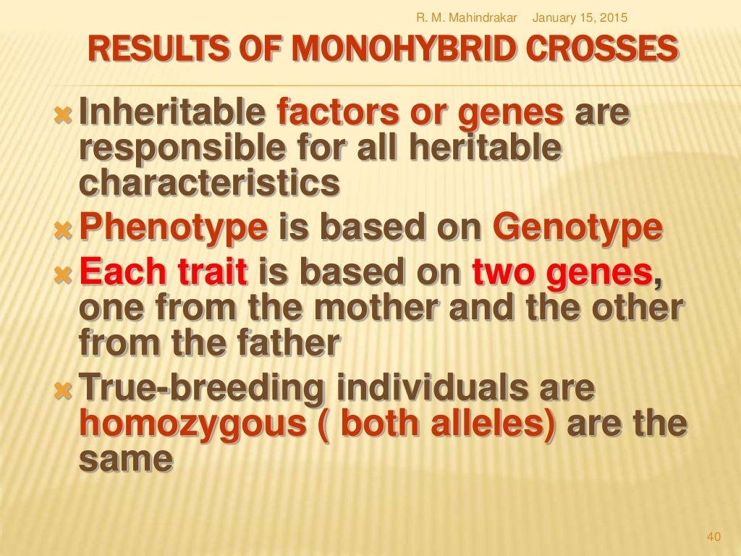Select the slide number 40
click(714, 536)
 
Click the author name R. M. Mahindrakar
click(467, 17)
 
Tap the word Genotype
click(577, 229)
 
